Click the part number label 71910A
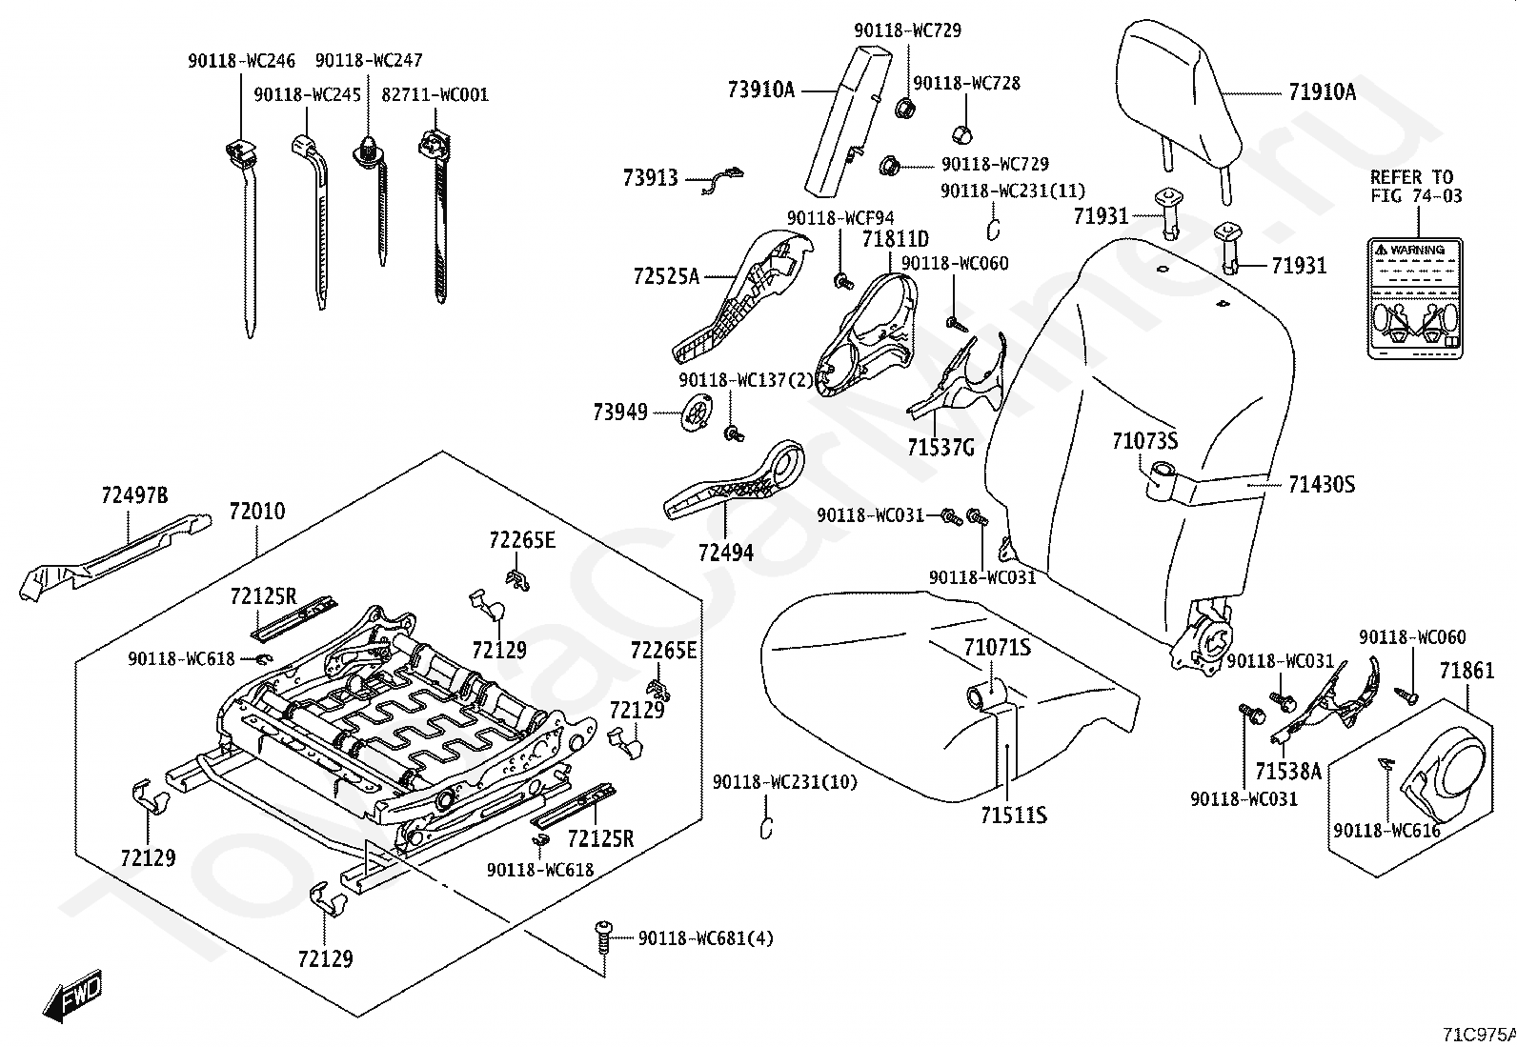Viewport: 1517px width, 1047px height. click(x=1322, y=92)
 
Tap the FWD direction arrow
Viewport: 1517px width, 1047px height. click(x=71, y=998)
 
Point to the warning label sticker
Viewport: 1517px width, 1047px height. click(x=1415, y=298)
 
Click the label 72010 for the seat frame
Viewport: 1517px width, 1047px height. click(x=256, y=512)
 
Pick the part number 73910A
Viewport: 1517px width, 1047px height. click(x=760, y=91)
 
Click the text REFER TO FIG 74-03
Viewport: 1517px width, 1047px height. click(x=1415, y=187)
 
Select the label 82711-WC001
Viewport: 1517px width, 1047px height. click(x=435, y=94)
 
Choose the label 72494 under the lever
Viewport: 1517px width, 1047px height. click(x=725, y=553)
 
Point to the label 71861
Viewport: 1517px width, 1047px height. click(x=1466, y=672)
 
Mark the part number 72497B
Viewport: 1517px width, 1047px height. click(x=134, y=495)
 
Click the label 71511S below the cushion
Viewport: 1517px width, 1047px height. click(x=1014, y=815)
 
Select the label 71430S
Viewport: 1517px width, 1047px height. click(x=1321, y=484)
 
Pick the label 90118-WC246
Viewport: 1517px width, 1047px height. click(x=241, y=62)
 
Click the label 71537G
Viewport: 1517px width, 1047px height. click(x=941, y=446)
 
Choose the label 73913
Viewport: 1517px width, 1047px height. click(x=650, y=178)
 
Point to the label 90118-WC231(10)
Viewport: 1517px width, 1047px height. click(x=784, y=783)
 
